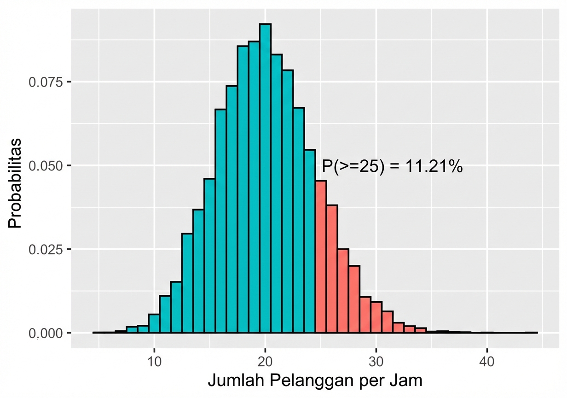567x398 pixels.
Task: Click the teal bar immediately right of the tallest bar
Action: coord(277,193)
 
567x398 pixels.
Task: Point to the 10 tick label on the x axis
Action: coord(154,362)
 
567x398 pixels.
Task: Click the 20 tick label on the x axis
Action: coord(265,362)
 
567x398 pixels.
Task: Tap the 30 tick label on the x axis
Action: coord(376,362)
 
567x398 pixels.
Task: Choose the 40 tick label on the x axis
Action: coord(487,362)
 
